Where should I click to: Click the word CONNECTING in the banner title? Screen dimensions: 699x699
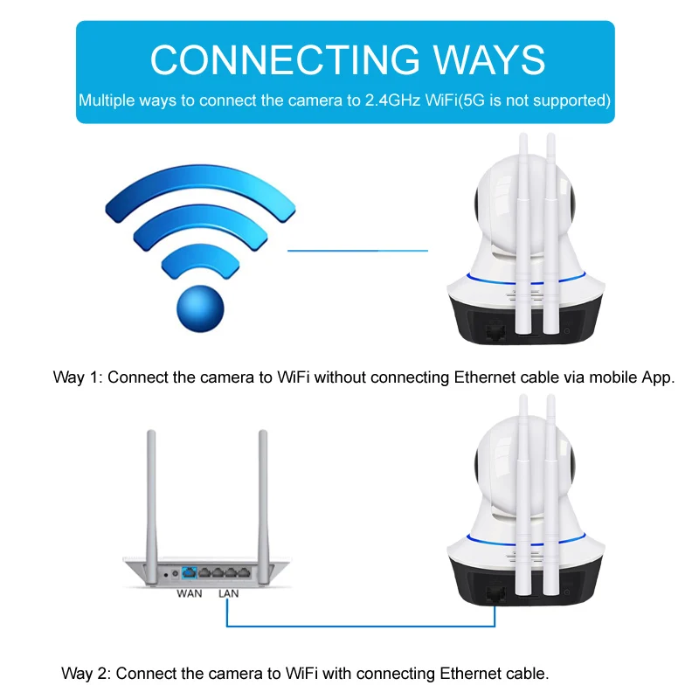click(x=285, y=59)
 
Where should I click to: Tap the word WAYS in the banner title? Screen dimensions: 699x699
click(x=489, y=59)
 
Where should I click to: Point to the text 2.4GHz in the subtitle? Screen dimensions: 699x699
click(x=392, y=100)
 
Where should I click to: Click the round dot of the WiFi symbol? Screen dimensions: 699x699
click(x=200, y=308)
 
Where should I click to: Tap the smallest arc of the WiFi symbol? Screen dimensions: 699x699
click(x=200, y=254)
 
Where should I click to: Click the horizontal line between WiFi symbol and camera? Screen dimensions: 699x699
click(x=357, y=251)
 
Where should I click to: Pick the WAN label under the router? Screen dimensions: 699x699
click(x=189, y=593)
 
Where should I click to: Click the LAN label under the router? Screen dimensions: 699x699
click(x=228, y=593)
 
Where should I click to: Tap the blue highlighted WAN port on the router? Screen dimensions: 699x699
click(x=190, y=573)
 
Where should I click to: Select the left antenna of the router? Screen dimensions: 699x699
click(x=151, y=508)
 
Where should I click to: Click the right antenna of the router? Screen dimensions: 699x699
click(x=264, y=508)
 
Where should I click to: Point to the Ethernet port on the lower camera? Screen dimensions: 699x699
click(x=495, y=594)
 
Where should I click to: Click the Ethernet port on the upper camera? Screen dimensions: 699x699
click(x=495, y=332)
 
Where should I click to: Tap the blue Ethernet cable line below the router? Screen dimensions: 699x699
click(x=361, y=626)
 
